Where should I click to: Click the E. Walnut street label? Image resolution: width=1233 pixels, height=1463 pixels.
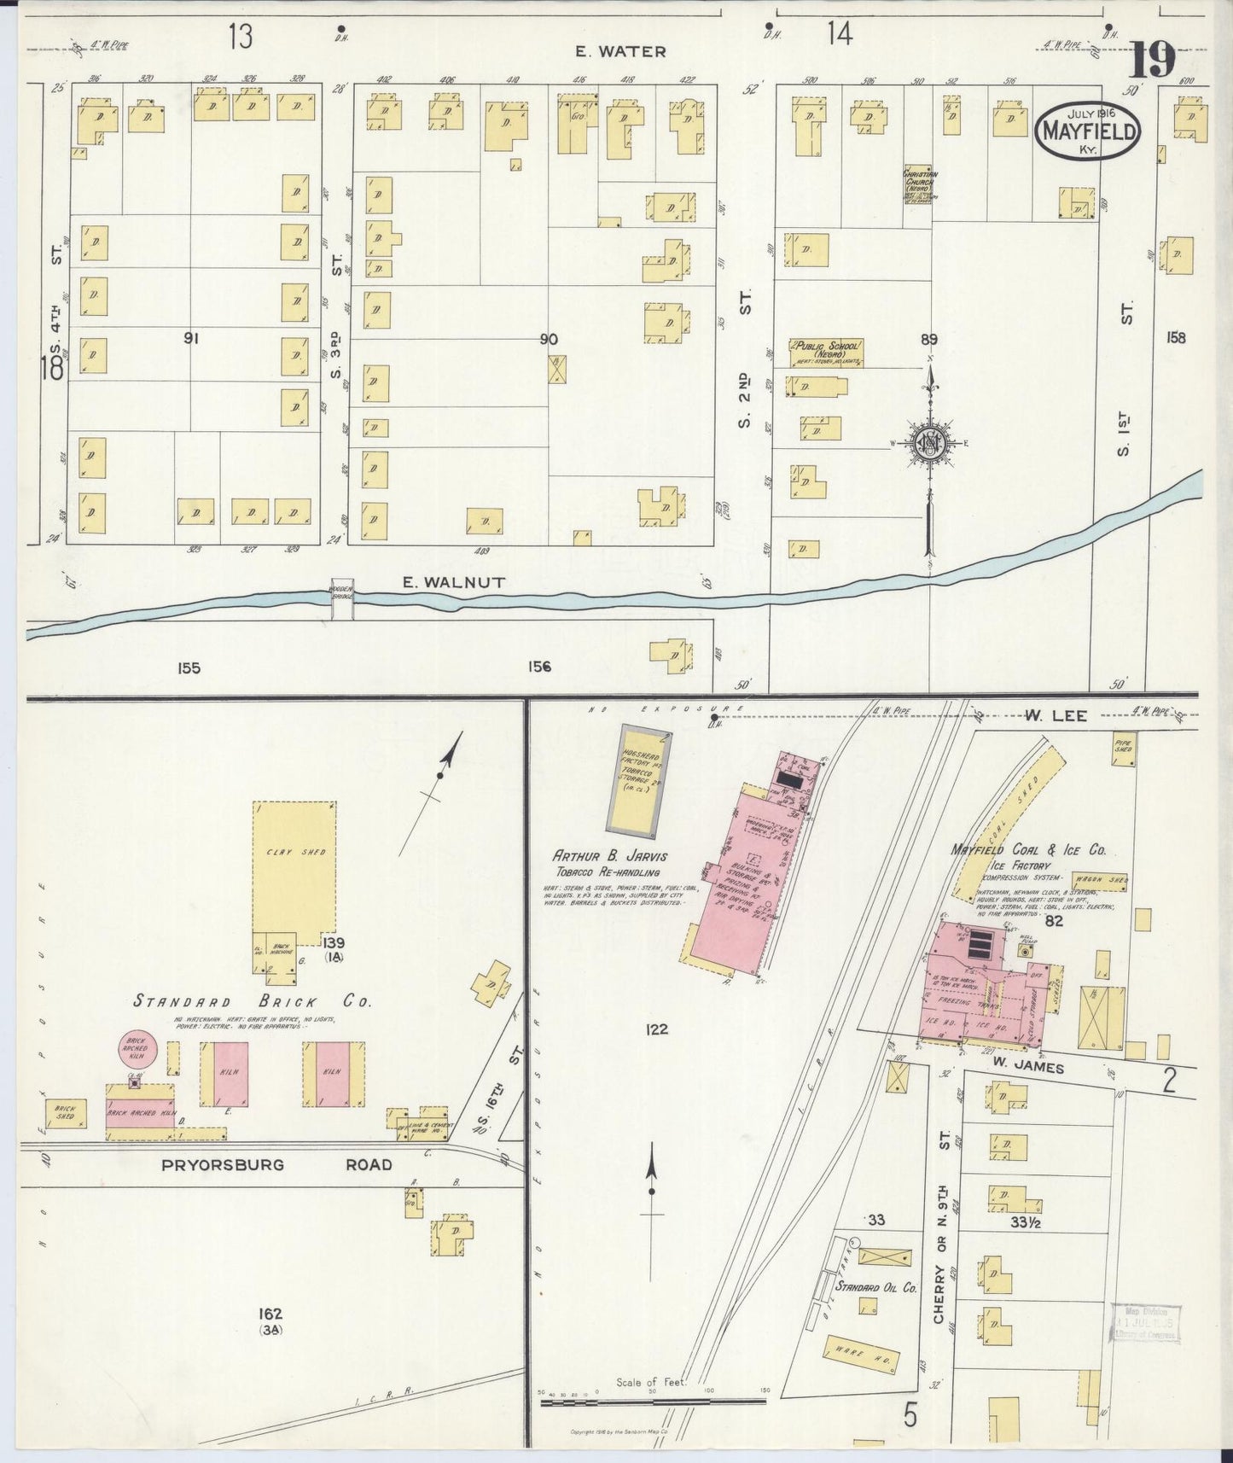tap(454, 582)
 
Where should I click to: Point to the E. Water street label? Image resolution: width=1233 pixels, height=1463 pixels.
tap(620, 51)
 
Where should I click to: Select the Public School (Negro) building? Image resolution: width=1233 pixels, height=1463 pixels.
tap(827, 353)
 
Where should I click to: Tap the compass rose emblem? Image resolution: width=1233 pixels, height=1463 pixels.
tap(929, 442)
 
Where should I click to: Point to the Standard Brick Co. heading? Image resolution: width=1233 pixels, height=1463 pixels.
tap(252, 1001)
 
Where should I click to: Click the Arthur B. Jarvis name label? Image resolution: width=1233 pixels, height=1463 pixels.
tap(609, 855)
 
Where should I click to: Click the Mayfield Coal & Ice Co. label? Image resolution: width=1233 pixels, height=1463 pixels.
tap(1028, 850)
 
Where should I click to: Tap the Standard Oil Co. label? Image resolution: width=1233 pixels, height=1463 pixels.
tap(875, 1286)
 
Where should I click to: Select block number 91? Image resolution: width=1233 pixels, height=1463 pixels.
tap(191, 339)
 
